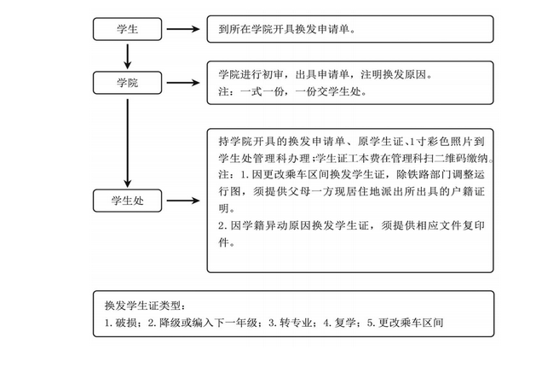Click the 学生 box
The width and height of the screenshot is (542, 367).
(x=126, y=29)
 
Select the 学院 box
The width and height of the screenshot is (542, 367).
(x=126, y=82)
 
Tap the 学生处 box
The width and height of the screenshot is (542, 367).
(x=126, y=201)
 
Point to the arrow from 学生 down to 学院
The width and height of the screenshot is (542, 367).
(x=126, y=55)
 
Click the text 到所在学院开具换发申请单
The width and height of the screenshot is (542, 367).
(x=285, y=29)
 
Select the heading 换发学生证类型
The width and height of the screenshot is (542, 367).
(x=144, y=306)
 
